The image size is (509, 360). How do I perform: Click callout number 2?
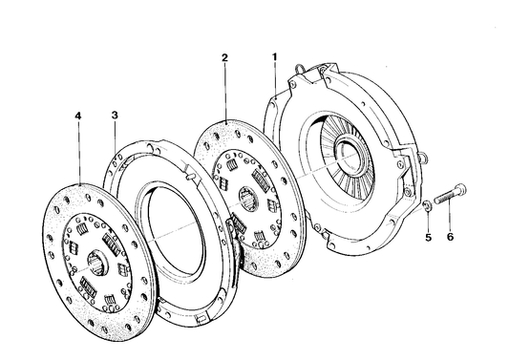[224, 58]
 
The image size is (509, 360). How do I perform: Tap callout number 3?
[114, 116]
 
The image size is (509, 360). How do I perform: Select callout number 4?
[78, 116]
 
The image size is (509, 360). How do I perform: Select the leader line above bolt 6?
[450, 218]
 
